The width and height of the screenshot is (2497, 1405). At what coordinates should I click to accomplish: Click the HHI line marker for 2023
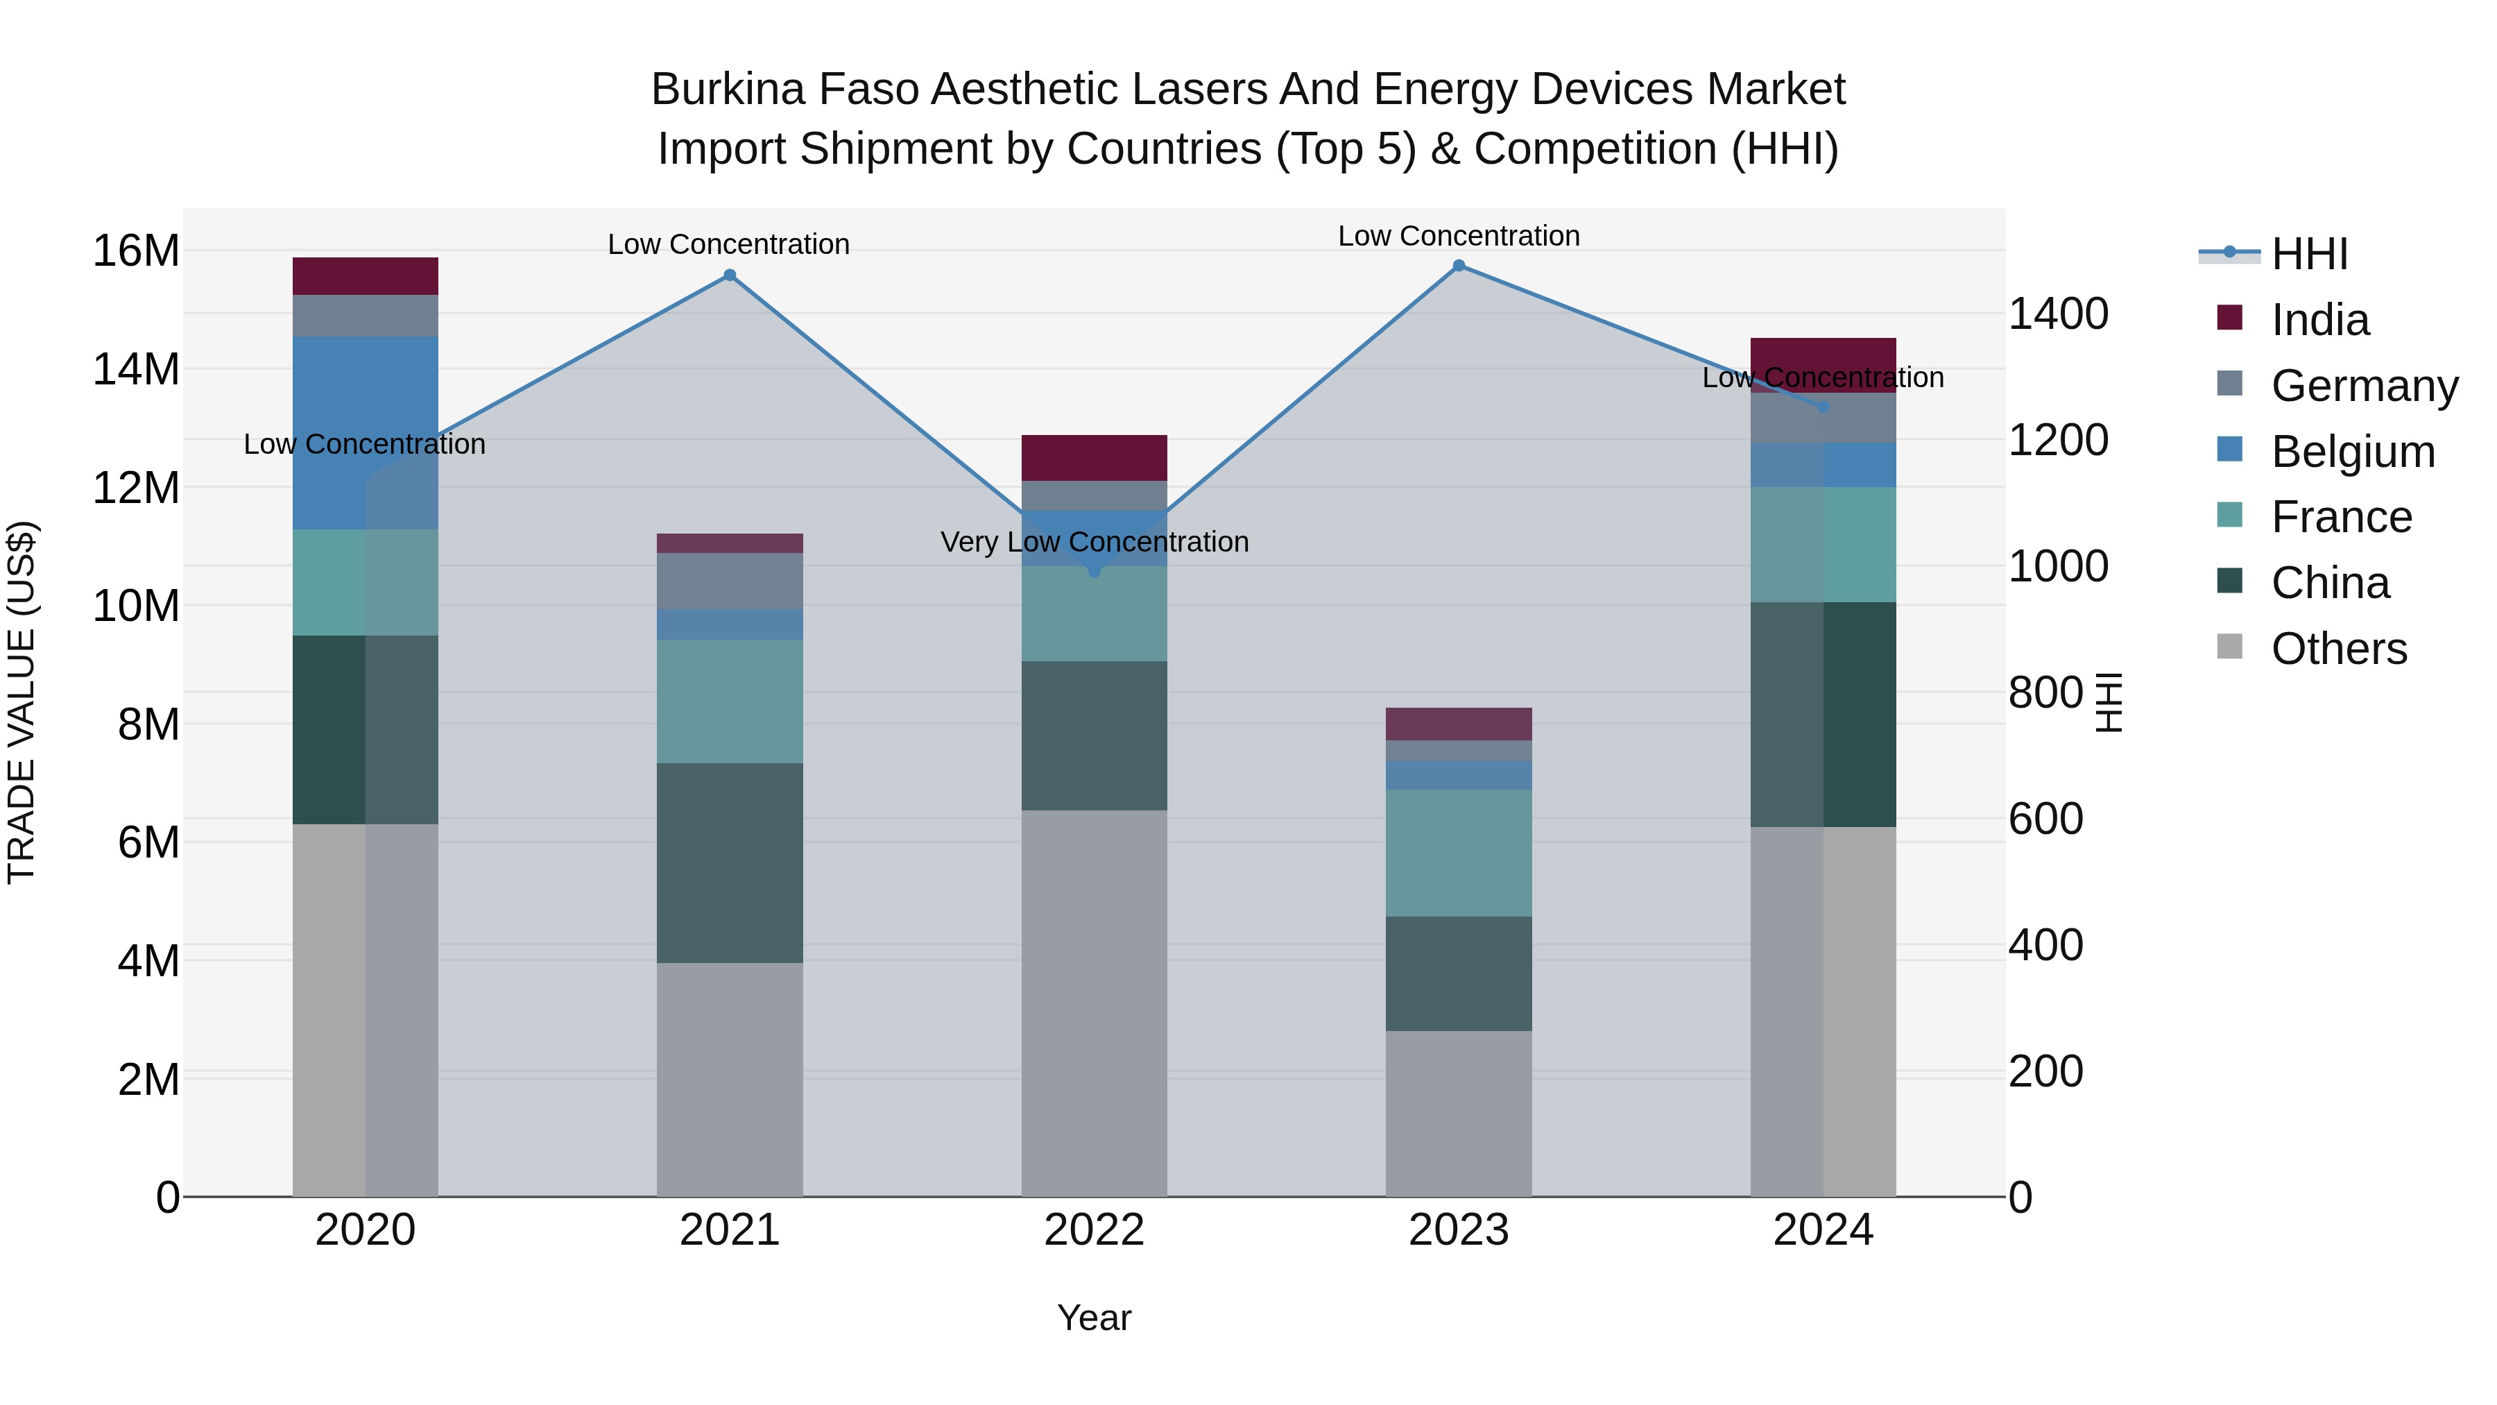click(1458, 266)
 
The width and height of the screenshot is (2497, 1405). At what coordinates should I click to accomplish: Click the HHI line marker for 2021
click(730, 275)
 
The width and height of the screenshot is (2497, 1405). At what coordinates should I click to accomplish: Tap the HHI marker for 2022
click(1095, 571)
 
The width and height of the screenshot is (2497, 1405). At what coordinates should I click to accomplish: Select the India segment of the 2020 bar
click(366, 276)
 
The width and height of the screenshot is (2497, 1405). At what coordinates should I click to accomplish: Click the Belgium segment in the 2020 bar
click(366, 432)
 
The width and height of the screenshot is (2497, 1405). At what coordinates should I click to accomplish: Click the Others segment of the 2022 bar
click(1095, 1003)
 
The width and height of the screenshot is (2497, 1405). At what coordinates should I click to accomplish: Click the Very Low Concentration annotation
click(1095, 542)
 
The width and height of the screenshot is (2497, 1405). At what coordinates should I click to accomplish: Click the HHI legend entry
click(2309, 254)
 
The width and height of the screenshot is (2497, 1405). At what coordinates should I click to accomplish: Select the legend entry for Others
click(2338, 649)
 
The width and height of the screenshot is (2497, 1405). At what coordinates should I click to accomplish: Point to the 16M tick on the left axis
click(136, 251)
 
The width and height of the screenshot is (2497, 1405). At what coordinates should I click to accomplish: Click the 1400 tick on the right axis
click(2058, 314)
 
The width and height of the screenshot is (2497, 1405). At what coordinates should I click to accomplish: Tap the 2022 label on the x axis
click(1095, 1230)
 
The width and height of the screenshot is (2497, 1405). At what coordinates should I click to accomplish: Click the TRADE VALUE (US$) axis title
click(22, 702)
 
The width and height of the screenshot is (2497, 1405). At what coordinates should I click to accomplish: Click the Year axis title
click(1095, 1318)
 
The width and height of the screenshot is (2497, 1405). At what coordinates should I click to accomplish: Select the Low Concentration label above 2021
click(728, 244)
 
